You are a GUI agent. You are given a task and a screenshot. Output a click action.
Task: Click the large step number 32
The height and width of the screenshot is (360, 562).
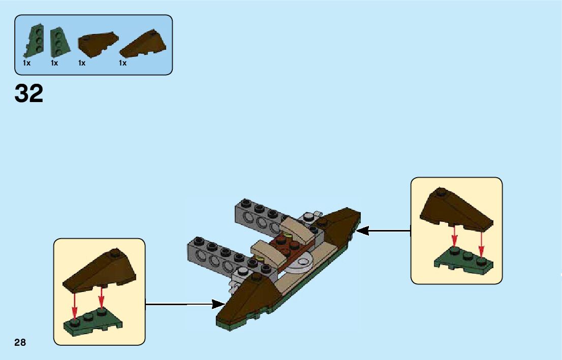coord(29,93)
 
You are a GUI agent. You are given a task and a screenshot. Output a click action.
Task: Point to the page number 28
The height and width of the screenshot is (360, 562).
coord(20,342)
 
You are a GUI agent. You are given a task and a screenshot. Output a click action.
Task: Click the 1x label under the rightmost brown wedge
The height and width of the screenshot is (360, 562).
coord(122,63)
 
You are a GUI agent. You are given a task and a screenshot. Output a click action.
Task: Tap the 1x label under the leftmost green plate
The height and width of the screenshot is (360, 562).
coord(27,63)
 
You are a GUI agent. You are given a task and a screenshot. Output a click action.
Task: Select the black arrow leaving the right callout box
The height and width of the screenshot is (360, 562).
coord(383,231)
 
